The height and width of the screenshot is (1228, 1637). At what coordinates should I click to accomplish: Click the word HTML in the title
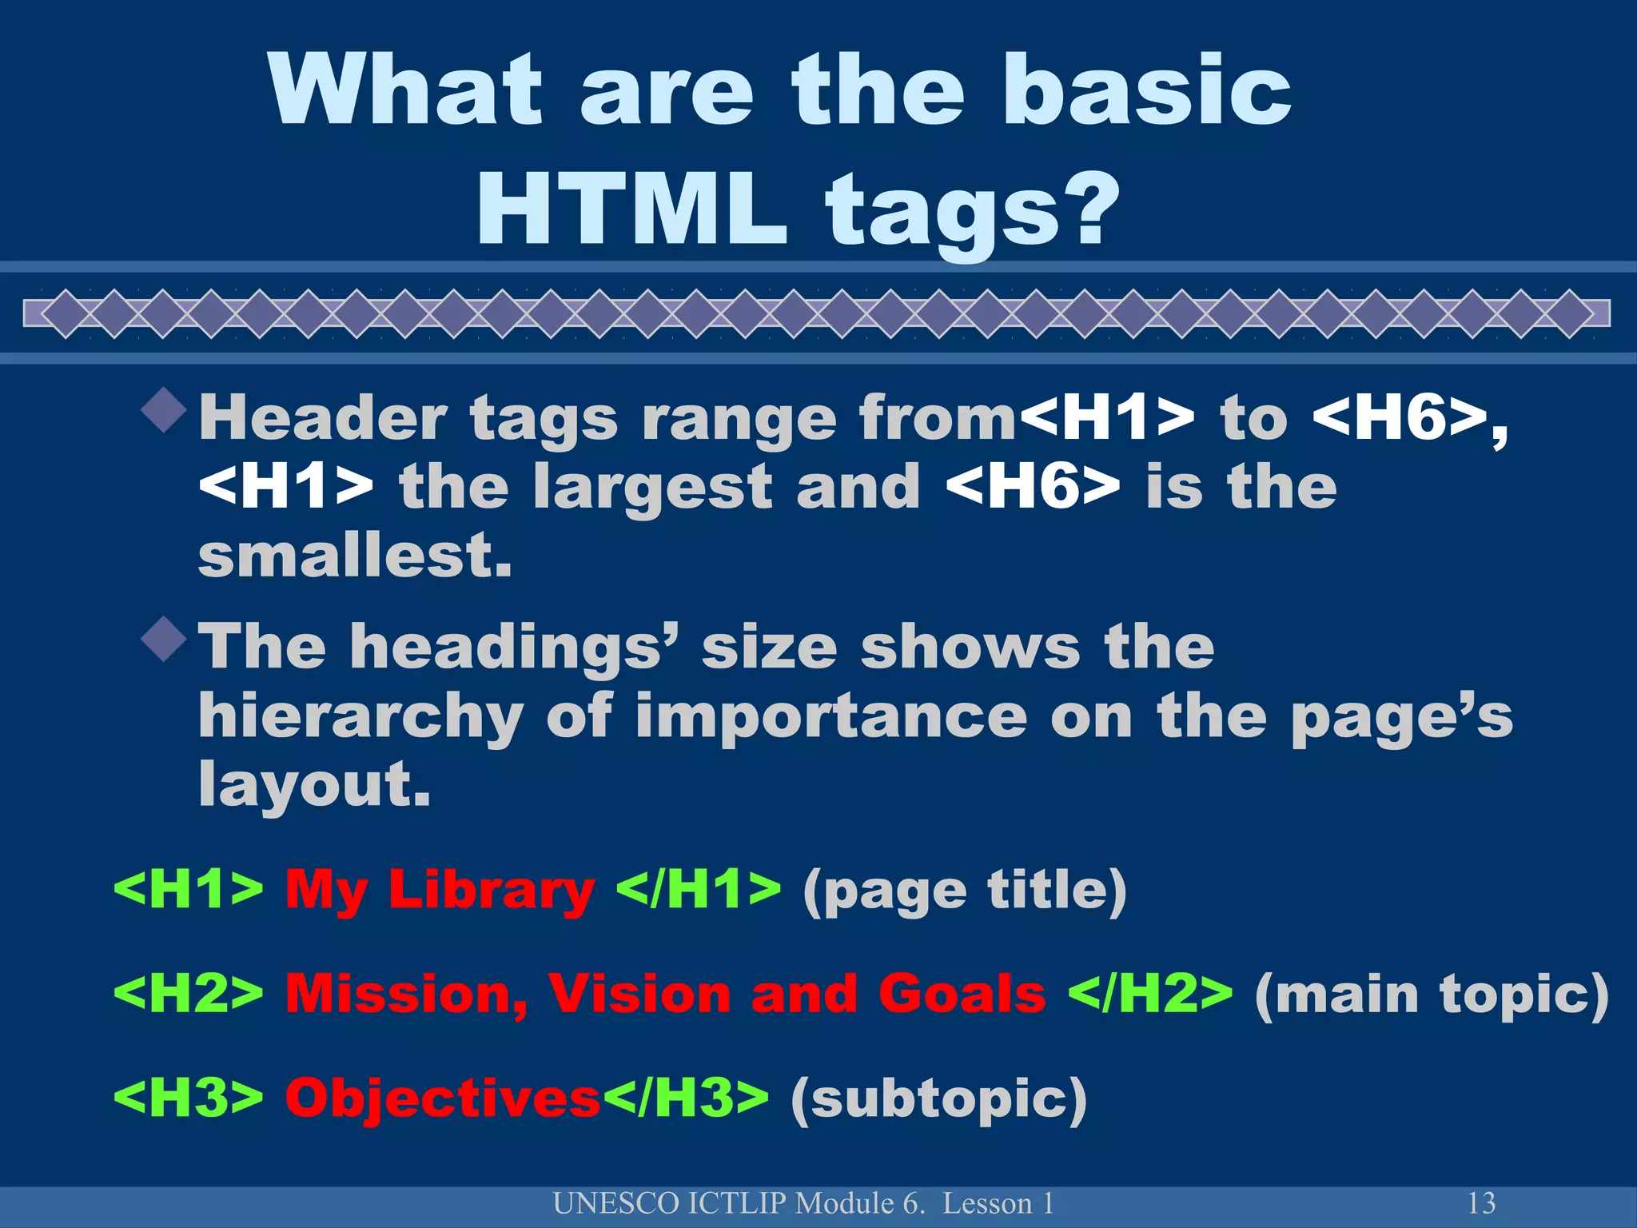(631, 210)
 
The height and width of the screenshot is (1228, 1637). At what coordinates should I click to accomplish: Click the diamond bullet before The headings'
(164, 639)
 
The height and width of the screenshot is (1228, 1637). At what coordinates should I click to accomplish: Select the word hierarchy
(360, 716)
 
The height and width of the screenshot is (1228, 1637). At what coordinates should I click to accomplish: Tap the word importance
(830, 716)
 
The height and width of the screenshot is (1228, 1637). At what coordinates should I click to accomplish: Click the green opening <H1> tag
(189, 889)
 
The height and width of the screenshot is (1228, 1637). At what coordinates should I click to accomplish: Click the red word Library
(492, 889)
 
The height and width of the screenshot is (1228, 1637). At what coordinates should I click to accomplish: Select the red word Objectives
(443, 1098)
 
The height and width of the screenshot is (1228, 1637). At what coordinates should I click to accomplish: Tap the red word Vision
(639, 994)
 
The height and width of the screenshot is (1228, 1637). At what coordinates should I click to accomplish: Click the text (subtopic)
(938, 1098)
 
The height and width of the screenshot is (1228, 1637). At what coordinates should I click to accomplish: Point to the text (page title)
(964, 890)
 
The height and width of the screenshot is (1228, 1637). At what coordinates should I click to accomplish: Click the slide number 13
(1481, 1203)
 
